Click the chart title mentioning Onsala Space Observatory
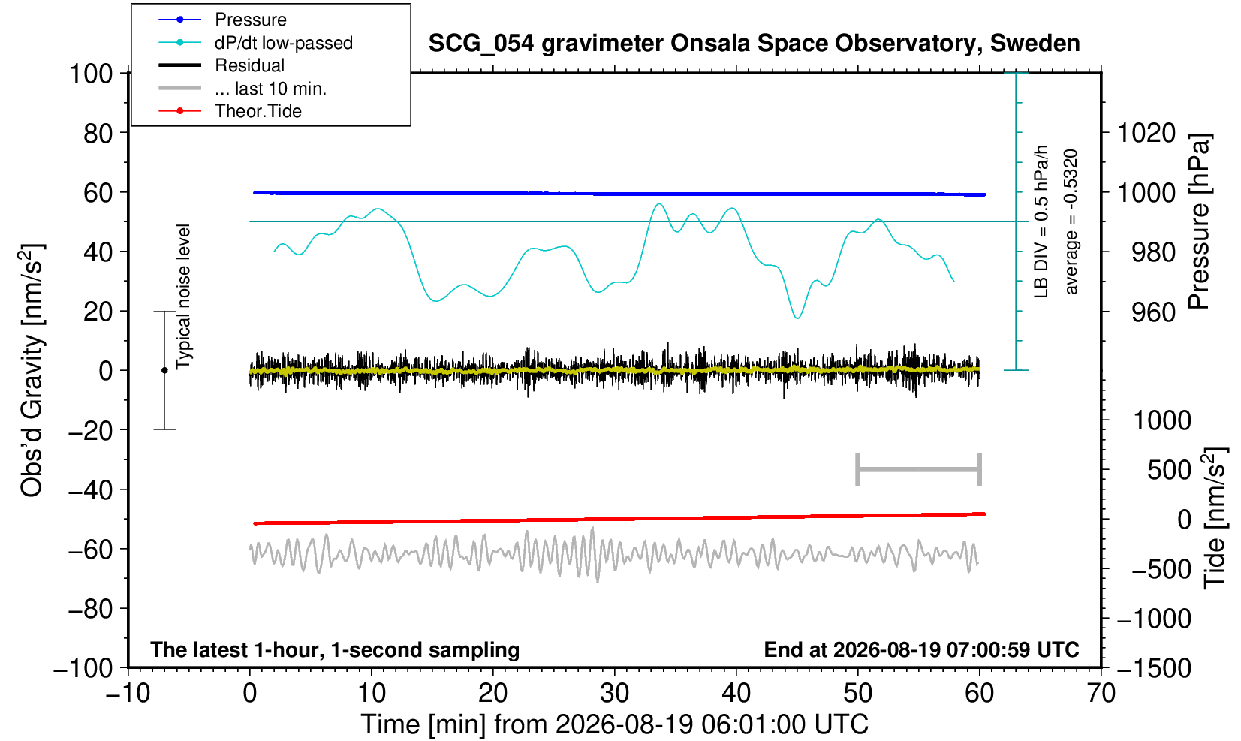(x=754, y=44)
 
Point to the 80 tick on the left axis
(x=98, y=133)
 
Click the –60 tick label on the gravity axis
(x=91, y=550)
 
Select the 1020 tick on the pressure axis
(x=1146, y=133)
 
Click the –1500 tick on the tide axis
(x=1154, y=668)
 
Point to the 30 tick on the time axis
(x=614, y=694)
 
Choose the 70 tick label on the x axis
(x=1101, y=694)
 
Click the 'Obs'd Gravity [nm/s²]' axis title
(x=32, y=370)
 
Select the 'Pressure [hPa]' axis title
(x=1200, y=221)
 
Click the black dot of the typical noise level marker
(x=164, y=370)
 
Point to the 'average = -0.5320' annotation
(x=1071, y=221)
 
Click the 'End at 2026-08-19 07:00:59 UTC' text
(x=921, y=649)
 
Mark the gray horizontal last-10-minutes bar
(x=919, y=469)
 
